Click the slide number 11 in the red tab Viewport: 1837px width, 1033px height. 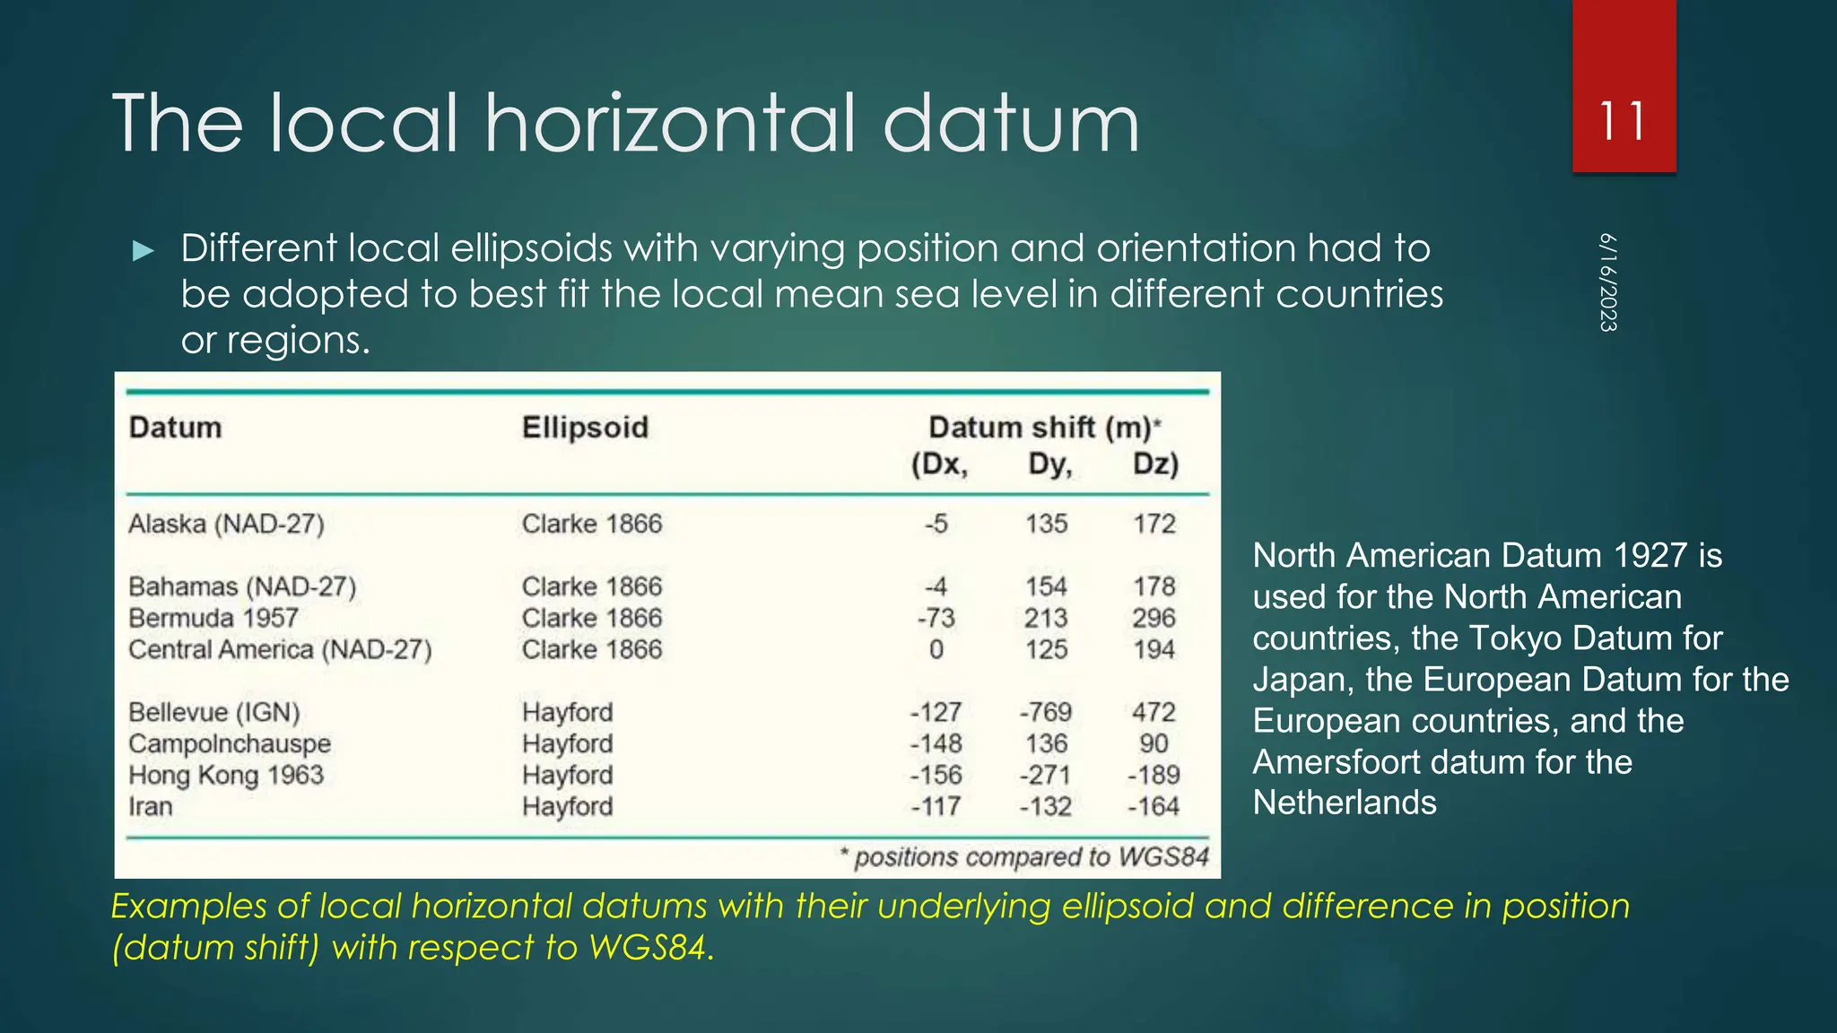click(1623, 120)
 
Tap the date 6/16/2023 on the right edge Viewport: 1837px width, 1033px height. click(1608, 282)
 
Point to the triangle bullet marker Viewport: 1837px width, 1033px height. click(143, 251)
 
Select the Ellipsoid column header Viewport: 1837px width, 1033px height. click(585, 427)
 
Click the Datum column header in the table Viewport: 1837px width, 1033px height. click(175, 427)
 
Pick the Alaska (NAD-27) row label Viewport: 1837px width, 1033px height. click(226, 524)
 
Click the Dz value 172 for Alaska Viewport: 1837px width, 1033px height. click(1154, 524)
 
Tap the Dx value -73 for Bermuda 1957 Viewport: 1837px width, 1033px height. click(936, 618)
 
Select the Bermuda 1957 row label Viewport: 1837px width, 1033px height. click(213, 618)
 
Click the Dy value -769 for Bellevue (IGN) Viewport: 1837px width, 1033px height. click(1045, 712)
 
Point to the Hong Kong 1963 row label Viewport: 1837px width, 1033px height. click(226, 775)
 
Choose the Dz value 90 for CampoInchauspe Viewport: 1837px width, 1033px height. click(1154, 743)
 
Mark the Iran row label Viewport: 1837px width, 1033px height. click(150, 806)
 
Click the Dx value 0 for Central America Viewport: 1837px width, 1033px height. click(936, 649)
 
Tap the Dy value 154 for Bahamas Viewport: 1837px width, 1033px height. click(1046, 586)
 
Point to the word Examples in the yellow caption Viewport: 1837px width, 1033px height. click(188, 907)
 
